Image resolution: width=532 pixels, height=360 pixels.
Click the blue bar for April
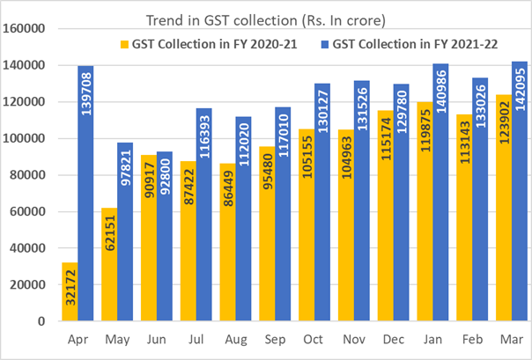point(86,194)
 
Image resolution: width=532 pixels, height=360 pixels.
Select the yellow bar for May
point(110,264)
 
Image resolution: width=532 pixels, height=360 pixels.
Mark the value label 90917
point(149,185)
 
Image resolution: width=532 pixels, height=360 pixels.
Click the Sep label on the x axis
point(274,338)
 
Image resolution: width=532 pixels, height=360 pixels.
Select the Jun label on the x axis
point(156,338)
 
